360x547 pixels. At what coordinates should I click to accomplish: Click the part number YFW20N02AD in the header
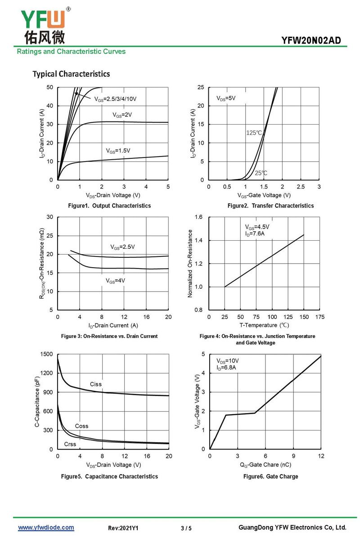pos(311,40)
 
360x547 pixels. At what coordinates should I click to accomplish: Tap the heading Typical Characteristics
pos(71,74)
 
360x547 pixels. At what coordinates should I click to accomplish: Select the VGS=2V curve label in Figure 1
pos(122,115)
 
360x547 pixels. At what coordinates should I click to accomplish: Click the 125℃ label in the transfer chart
pos(254,133)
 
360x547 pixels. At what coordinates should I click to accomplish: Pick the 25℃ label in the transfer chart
pos(261,173)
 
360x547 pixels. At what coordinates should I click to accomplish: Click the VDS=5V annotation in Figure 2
pos(226,98)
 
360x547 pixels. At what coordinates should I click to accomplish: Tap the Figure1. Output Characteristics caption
pos(109,206)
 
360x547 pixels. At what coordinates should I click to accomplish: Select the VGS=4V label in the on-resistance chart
pos(115,280)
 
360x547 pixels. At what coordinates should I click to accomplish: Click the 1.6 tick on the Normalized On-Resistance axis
pos(198,217)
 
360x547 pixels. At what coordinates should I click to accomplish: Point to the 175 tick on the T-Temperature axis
pos(320,317)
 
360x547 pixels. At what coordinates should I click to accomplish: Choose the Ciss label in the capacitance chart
pos(96,384)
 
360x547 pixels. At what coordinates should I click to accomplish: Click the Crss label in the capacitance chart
pos(70,444)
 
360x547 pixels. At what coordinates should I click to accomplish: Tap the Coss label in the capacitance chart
pos(81,426)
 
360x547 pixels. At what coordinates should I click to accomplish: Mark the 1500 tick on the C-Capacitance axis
pos(47,354)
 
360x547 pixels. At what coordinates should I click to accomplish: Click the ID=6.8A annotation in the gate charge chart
pos(226,368)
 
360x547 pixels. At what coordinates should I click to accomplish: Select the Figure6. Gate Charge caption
pos(270,476)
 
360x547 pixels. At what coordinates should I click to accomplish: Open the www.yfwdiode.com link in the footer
pos(46,528)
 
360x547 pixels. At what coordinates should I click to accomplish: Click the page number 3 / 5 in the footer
pos(186,528)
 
